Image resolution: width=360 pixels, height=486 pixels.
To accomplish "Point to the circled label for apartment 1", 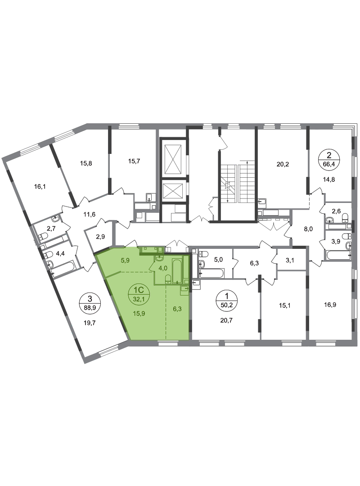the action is coord(226,300).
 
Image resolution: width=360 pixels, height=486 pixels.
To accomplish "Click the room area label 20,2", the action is coord(283,164).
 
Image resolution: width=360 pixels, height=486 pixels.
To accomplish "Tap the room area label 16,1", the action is coord(40,187).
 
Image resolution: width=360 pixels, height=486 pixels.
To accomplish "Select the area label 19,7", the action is coord(90,323).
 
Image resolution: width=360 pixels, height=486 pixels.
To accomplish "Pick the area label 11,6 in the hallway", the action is coord(89,214).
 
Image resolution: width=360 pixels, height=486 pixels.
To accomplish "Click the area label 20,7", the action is coord(226,320).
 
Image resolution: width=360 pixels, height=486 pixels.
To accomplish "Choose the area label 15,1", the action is coord(285,305).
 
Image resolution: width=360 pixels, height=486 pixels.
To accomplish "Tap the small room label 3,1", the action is coord(290,261).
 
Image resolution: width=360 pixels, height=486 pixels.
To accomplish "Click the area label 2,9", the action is coord(100,237).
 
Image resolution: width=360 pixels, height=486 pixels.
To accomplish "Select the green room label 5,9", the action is coord(125,261).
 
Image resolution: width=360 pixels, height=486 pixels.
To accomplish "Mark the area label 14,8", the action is coord(328,179).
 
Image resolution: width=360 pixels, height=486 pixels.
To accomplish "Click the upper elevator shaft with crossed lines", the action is coord(173,159).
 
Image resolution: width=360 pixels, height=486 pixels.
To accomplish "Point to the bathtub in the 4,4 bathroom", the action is coord(65,268).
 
